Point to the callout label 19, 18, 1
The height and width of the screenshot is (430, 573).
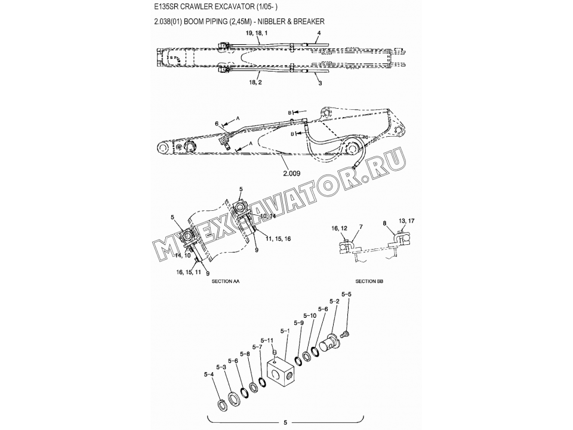[258, 35]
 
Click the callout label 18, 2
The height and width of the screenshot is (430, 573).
[255, 82]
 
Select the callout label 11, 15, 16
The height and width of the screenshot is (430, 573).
[279, 238]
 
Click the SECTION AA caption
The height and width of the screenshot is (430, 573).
[226, 281]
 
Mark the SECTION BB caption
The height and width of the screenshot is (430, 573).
[369, 281]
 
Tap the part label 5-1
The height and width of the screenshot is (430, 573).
[285, 330]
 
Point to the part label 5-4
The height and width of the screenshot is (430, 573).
[209, 374]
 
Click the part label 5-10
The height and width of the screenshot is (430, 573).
[310, 315]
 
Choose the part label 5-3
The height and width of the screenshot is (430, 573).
[221, 367]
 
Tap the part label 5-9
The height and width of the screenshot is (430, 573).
[298, 322]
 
